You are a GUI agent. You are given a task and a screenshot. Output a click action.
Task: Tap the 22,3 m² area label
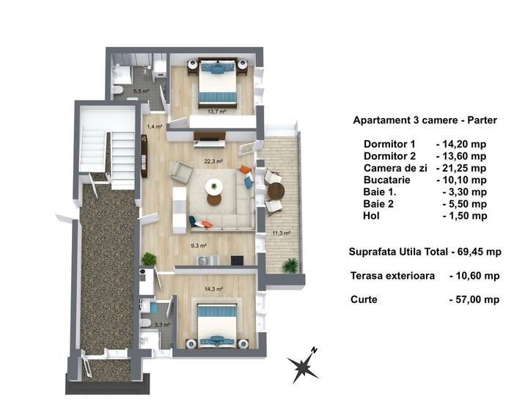(x=214, y=161)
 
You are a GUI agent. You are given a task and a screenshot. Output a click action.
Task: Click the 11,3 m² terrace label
(x=282, y=233)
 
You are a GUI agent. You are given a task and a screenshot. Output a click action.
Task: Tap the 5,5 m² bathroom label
(x=141, y=92)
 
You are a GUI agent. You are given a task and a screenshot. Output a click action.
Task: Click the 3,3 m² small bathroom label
(x=162, y=324)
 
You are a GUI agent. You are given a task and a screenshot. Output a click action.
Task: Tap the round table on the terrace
(x=276, y=191)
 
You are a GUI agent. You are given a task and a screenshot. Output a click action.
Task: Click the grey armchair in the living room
(x=181, y=173)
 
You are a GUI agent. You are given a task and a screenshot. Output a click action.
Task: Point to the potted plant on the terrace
(x=291, y=264)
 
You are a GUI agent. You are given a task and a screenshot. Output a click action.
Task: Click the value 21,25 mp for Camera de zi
(x=460, y=168)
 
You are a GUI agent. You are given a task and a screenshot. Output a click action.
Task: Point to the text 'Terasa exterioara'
(x=392, y=276)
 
